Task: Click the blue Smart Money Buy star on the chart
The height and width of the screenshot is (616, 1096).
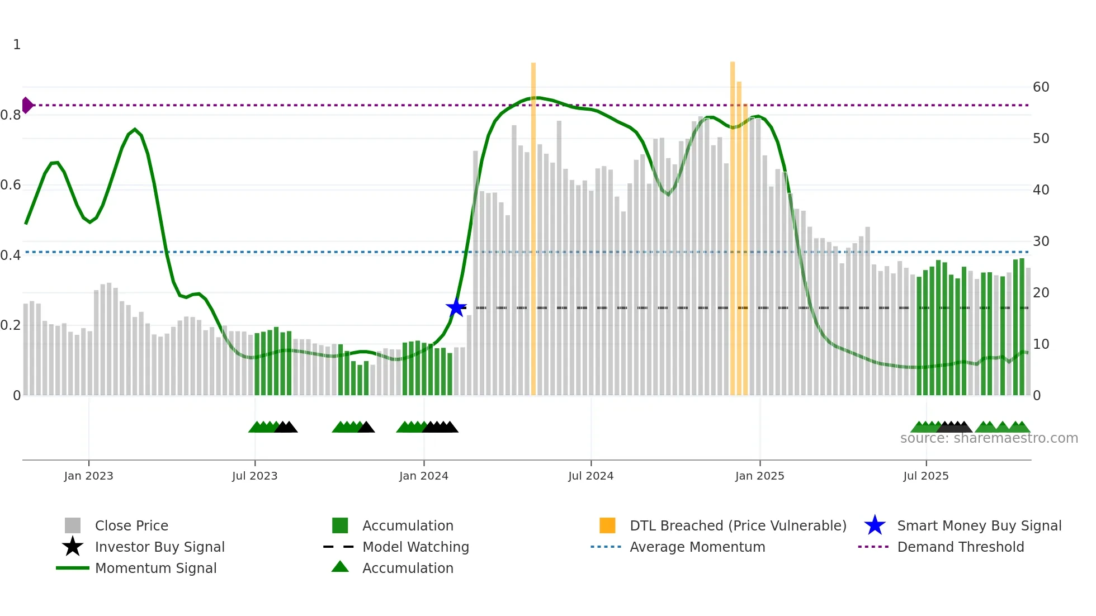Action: [456, 307]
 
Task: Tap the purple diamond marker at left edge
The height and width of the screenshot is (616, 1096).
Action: [27, 105]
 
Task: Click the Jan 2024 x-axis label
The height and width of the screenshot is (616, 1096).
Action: [423, 476]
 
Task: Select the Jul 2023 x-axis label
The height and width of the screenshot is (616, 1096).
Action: [254, 476]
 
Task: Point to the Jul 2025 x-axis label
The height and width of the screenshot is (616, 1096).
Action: [925, 476]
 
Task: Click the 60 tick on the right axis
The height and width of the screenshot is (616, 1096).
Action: [1041, 87]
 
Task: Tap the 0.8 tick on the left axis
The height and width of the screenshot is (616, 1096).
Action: [11, 115]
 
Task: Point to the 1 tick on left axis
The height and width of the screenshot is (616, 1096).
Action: [17, 45]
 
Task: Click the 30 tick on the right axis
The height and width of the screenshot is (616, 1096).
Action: [1041, 241]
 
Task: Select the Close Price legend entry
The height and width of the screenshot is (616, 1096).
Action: [131, 525]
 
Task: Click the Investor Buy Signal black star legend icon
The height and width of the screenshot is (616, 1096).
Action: [73, 547]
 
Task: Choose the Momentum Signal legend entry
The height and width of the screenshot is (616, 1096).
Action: [155, 568]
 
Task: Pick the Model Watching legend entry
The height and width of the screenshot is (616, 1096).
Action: [415, 547]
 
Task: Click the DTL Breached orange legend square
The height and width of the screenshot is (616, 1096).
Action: [607, 525]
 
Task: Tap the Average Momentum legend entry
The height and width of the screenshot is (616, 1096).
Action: [697, 547]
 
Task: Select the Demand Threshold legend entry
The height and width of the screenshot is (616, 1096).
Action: [960, 547]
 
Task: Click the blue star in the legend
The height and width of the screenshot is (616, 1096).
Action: [875, 525]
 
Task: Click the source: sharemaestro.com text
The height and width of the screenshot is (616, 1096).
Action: [989, 438]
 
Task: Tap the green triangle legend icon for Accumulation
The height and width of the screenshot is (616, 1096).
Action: [340, 567]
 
